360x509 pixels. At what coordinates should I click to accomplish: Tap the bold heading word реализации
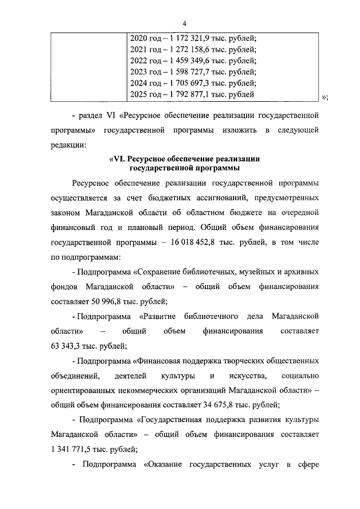[232, 159]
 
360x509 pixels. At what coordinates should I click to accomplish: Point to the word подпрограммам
[87, 257]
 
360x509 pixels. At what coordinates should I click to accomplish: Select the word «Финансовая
[161, 360]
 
